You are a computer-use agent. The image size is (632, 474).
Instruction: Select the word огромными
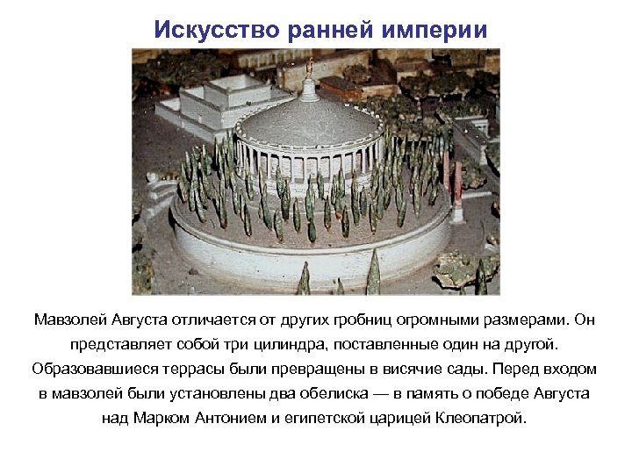click(x=450, y=317)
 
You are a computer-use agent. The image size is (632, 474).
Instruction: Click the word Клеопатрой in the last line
click(x=483, y=418)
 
